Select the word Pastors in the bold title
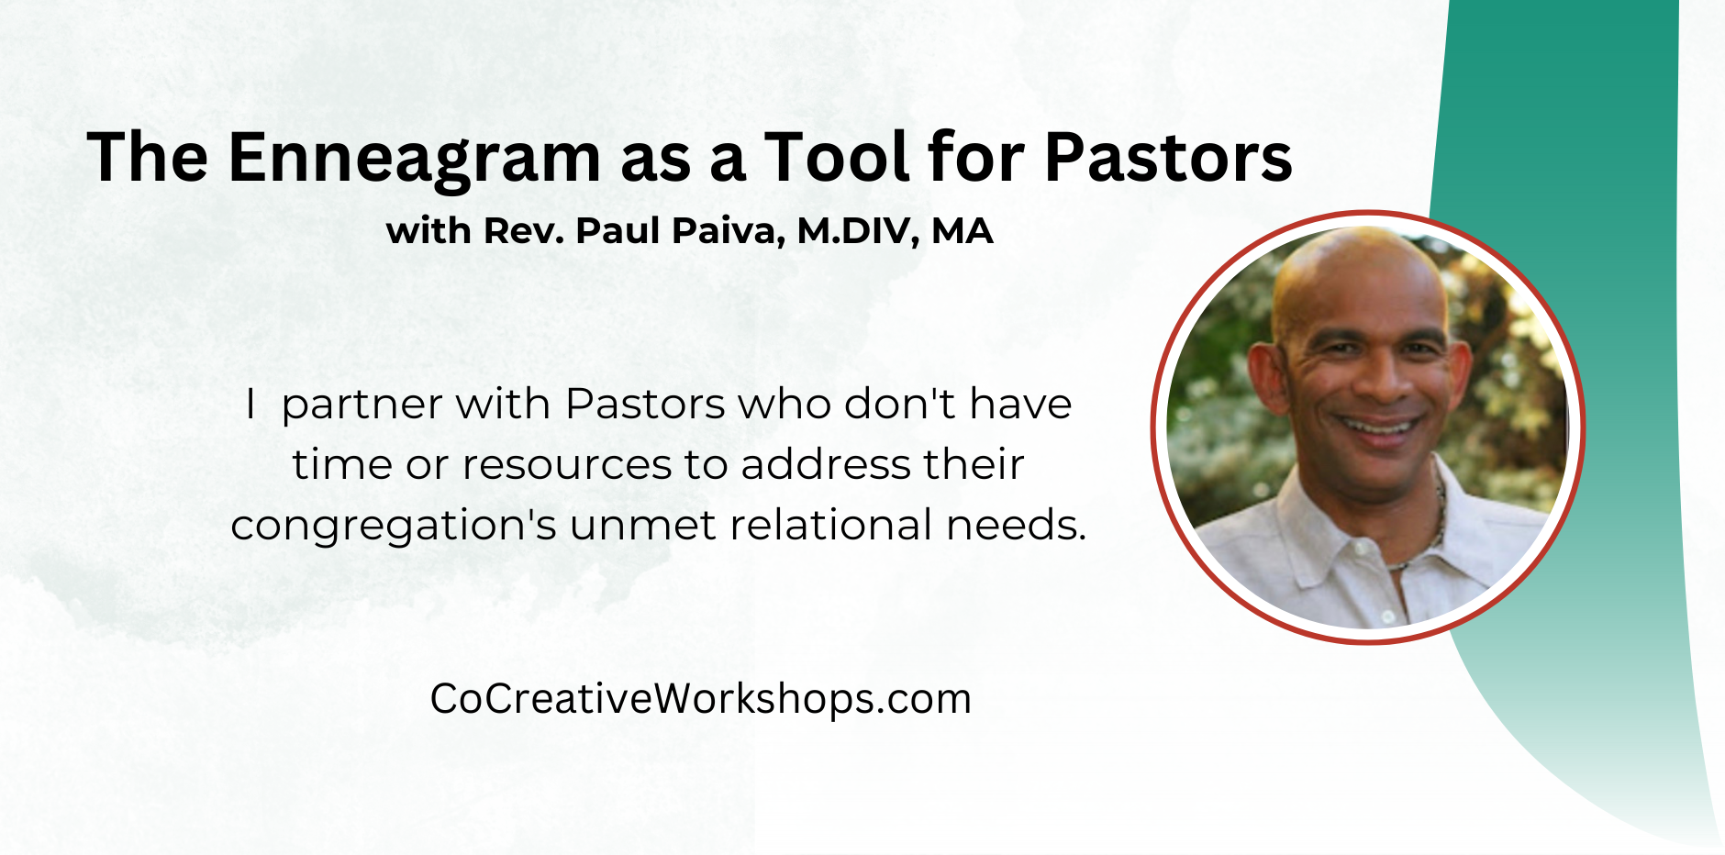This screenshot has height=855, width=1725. (x=1168, y=157)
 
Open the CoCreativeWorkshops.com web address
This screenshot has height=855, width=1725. (x=700, y=699)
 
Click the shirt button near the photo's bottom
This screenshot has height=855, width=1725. (x=1388, y=616)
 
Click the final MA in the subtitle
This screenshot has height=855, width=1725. (x=963, y=230)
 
